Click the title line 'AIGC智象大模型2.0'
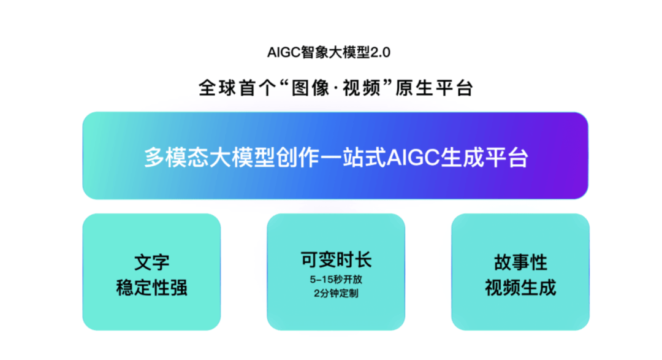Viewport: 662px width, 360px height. click(x=329, y=52)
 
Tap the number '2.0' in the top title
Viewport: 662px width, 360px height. click(x=380, y=52)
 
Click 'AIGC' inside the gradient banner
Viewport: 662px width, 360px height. click(x=413, y=158)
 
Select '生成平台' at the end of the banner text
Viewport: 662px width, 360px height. click(x=484, y=158)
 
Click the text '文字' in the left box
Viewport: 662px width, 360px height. click(x=151, y=262)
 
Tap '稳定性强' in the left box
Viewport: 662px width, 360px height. click(x=151, y=288)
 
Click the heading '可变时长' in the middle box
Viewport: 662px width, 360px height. click(x=336, y=259)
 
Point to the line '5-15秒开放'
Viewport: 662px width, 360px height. click(x=336, y=279)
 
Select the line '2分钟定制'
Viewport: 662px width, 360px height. click(x=336, y=293)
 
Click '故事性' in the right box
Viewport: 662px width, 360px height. click(x=520, y=262)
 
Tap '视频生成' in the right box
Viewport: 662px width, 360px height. click(x=520, y=288)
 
